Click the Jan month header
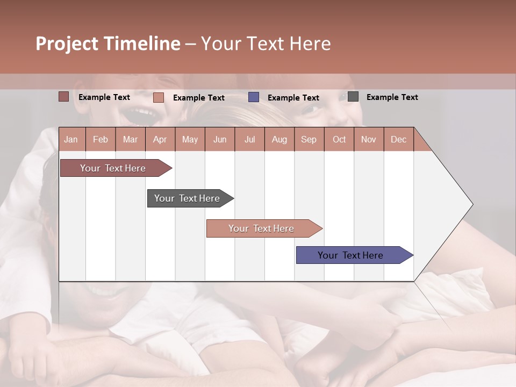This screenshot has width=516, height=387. click(x=71, y=139)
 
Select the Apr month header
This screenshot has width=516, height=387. click(x=160, y=139)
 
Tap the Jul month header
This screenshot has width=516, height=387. click(x=249, y=139)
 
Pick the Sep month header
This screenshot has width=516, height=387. click(x=309, y=139)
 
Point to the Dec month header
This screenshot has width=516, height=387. click(x=398, y=139)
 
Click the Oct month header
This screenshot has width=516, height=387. click(x=339, y=139)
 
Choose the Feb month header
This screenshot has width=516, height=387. click(x=101, y=139)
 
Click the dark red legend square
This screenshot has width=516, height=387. click(x=63, y=97)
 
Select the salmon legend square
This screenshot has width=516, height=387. click(x=158, y=97)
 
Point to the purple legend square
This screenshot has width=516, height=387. click(x=254, y=97)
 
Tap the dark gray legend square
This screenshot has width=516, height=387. click(x=353, y=97)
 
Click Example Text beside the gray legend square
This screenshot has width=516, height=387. click(x=392, y=97)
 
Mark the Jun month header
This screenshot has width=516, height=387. click(x=220, y=139)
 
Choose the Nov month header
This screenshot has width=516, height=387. click(x=369, y=139)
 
